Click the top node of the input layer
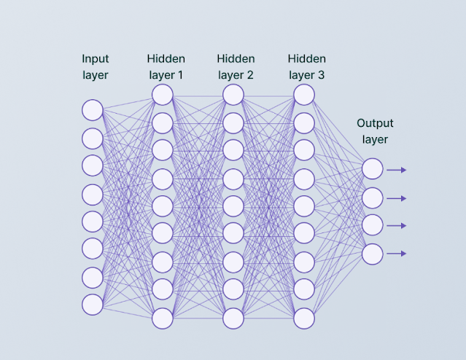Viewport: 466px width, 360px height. click(x=93, y=110)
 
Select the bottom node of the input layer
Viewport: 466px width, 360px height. click(x=93, y=304)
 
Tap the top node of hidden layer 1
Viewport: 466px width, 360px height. click(x=163, y=95)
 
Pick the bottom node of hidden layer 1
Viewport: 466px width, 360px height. click(x=163, y=318)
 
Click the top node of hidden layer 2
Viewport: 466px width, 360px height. click(x=233, y=95)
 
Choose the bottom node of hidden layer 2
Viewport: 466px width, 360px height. click(x=233, y=318)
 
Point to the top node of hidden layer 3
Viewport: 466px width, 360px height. click(x=304, y=95)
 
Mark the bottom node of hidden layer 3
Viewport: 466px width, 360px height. click(x=304, y=318)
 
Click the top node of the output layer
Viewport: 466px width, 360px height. click(x=373, y=170)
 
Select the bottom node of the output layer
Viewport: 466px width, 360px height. click(x=373, y=254)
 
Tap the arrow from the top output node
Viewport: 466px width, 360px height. click(x=396, y=170)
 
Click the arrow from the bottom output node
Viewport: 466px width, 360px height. click(x=396, y=254)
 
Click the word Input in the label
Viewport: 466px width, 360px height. click(x=95, y=58)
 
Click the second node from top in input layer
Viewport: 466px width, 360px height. click(x=93, y=138)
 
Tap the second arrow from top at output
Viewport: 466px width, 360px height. click(x=396, y=198)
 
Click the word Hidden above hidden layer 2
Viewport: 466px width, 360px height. click(x=236, y=58)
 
